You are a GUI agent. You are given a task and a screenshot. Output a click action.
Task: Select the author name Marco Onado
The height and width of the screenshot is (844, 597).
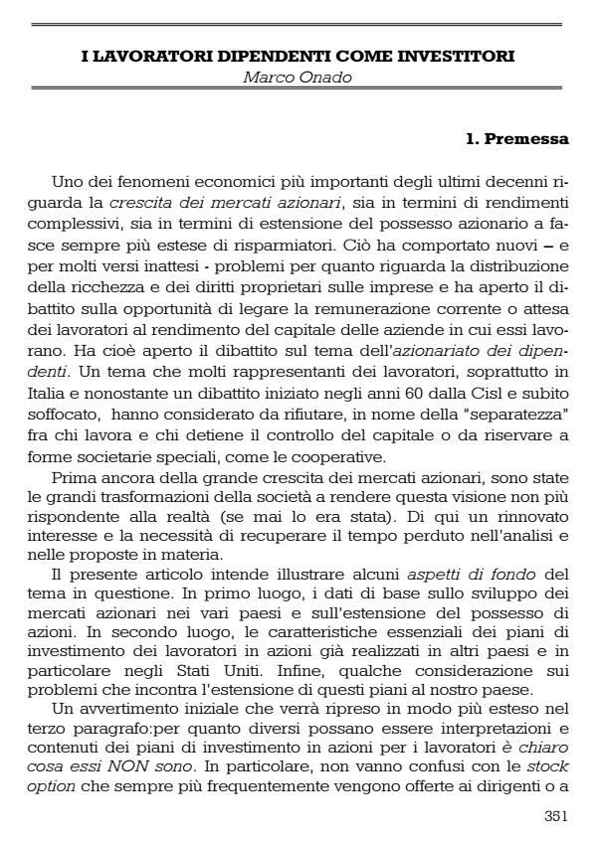point(298,74)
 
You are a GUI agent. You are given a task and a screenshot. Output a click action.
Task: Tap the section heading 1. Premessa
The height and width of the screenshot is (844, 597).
point(517,139)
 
